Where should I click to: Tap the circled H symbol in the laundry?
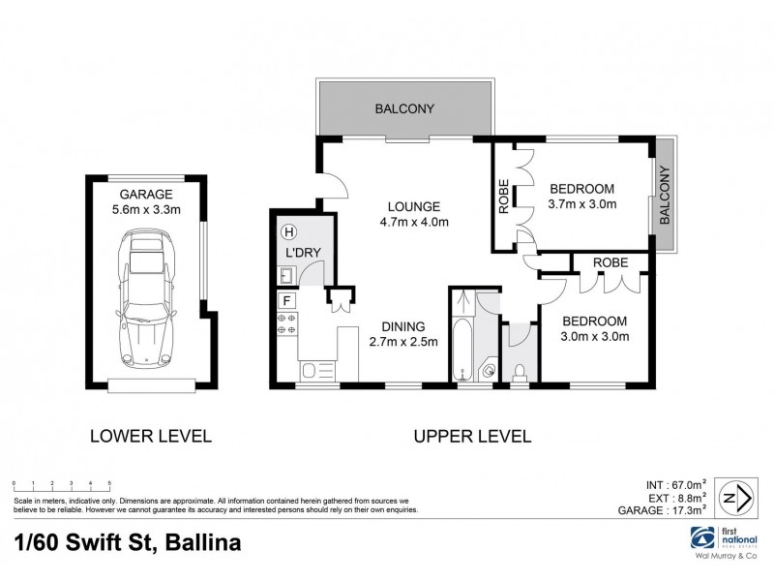pos(287,232)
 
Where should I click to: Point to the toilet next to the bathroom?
pos(520,369)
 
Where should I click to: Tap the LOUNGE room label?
pos(414,206)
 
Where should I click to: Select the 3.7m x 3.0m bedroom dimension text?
pos(582,204)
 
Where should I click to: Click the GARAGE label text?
pos(146,194)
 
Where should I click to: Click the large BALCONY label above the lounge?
pos(404,108)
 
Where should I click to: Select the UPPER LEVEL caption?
pos(472,436)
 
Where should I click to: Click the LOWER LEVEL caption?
pos(150,436)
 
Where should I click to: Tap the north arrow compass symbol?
pos(739,497)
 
